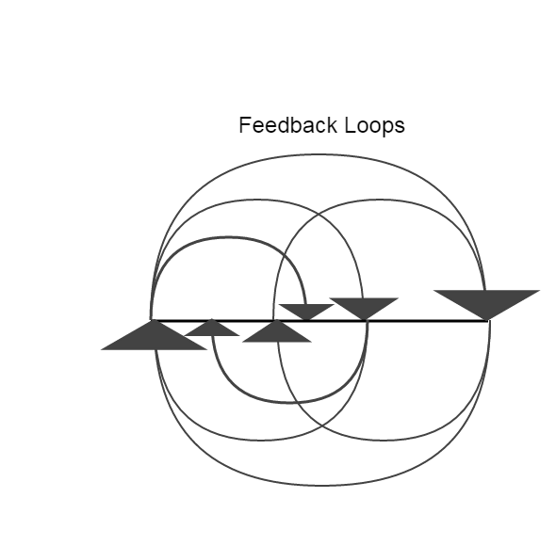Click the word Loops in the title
point(374,126)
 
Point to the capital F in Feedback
point(244,125)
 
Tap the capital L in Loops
point(350,125)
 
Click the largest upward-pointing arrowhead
point(154,334)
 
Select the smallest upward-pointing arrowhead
point(212,327)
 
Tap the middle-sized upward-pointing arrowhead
point(276,331)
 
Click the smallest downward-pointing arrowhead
point(306,313)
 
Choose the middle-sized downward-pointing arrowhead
point(364,309)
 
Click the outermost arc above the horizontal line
point(319,154)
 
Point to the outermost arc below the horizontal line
point(323,485)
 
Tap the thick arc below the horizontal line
point(289,403)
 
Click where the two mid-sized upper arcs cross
point(319,215)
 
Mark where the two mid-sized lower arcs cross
point(321,425)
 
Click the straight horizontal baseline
point(319,321)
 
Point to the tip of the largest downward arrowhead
point(487,320)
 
